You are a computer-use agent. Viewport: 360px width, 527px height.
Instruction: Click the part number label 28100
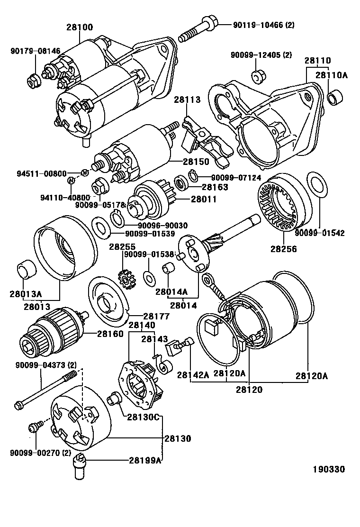point(79,27)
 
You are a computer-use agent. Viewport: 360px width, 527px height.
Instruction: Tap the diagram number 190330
point(328,469)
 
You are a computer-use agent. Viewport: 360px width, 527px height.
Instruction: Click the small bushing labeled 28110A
point(335,98)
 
